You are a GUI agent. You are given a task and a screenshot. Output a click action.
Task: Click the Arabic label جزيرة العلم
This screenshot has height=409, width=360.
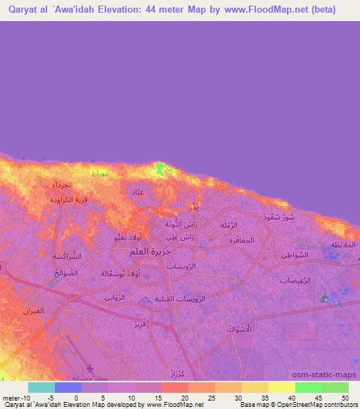coord(150,251)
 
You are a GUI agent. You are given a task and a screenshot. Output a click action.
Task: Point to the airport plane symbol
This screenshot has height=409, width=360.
coord(90,368)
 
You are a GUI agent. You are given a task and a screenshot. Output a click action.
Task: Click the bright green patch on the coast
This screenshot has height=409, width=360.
coord(162,168)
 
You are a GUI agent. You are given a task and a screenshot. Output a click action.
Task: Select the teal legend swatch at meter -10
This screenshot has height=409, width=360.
coord(41,387)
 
